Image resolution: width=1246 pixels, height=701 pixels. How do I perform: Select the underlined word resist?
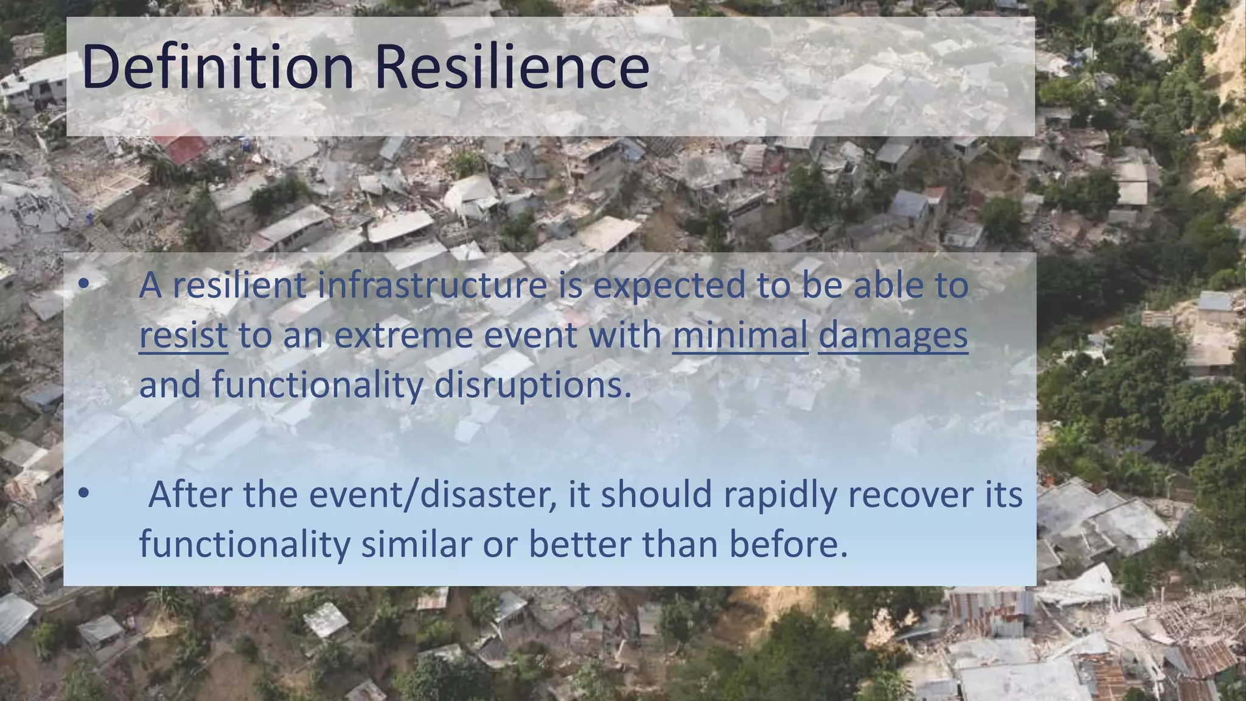183,335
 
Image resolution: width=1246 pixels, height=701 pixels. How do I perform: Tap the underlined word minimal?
740,335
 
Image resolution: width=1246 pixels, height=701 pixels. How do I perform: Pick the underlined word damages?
893,337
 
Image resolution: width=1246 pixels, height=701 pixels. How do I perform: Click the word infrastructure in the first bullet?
432,285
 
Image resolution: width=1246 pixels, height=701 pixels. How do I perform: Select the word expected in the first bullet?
669,287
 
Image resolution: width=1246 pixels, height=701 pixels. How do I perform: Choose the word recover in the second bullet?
911,494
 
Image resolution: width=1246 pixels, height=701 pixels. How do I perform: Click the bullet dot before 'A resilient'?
84,284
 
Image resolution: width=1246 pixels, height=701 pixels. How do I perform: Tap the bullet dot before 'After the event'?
84,493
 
